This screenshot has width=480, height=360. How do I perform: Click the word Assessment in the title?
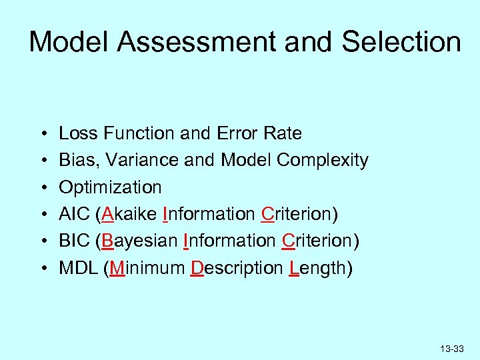pos(199,42)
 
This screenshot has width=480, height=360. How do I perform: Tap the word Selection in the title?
pos(401,42)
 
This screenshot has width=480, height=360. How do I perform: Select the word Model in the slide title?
pos(70,42)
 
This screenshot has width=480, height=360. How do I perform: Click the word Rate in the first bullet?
pos(283,133)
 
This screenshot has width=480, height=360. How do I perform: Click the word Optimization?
pos(110,187)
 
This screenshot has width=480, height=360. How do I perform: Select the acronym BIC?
pos(74,241)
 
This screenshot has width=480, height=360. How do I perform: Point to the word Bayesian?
pos(140,241)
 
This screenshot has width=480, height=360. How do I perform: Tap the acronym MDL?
pos(78,268)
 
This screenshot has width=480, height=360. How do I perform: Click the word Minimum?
pos(147,268)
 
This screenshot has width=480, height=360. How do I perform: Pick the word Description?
pos(237,269)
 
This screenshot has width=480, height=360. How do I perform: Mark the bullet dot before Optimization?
pos(42,187)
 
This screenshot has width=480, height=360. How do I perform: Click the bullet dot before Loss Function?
pos(42,133)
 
